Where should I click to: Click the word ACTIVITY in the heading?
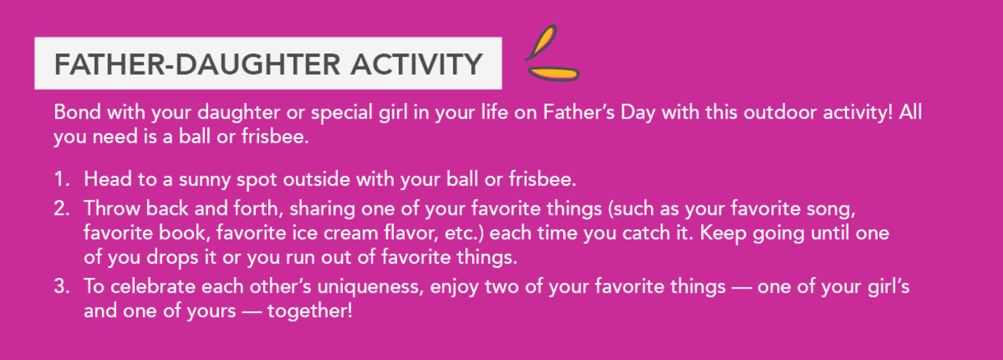point(417,64)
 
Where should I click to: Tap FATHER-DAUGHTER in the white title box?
point(197,64)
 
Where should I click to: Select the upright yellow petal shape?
point(542,43)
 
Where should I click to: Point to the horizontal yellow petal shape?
point(554,74)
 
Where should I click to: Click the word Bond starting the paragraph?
point(77,112)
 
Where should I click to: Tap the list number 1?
point(62,179)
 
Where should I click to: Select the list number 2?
point(62,209)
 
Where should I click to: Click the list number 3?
point(62,287)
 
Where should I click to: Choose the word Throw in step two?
point(112,209)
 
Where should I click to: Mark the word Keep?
point(723,233)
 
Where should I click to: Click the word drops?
point(172,258)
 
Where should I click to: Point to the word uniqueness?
point(370,288)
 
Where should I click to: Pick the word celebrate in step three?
point(153,287)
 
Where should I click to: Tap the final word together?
point(310,312)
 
